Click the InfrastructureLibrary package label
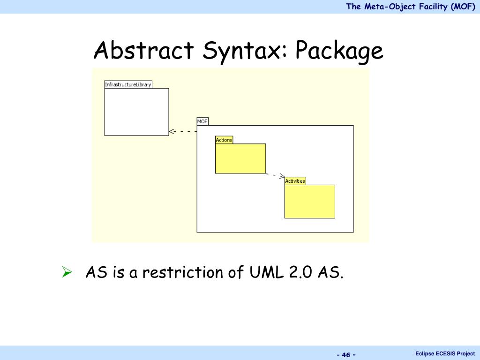click(128, 84)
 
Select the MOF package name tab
click(202, 121)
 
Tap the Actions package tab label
click(224, 140)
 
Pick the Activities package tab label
click(295, 181)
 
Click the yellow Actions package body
click(240, 158)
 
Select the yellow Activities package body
click(310, 202)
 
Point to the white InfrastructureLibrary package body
click(136, 112)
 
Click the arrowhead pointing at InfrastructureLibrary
click(172, 131)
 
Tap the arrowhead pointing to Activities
click(282, 177)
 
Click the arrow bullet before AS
click(67, 271)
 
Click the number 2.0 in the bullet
click(300, 272)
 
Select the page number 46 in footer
click(346, 354)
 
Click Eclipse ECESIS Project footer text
click(445, 353)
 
